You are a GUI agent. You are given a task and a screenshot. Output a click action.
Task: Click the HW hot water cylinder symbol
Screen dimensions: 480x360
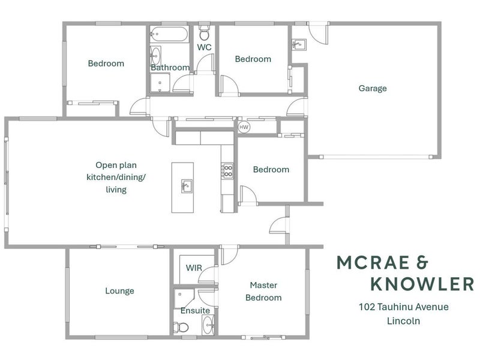244,127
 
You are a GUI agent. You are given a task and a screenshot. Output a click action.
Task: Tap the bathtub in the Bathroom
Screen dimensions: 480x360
169,34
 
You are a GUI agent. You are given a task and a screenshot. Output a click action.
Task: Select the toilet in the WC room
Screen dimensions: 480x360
204,32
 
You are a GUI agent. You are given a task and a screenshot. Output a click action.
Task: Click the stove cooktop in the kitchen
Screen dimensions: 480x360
227,171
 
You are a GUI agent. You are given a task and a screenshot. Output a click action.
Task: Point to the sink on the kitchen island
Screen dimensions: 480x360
187,186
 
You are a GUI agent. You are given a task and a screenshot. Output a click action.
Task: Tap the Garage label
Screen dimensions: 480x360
373,88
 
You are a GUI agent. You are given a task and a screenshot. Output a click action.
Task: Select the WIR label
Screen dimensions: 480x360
194,268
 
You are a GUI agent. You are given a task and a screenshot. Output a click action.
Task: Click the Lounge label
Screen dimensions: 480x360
119,291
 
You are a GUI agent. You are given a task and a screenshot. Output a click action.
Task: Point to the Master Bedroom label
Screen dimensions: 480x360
263,292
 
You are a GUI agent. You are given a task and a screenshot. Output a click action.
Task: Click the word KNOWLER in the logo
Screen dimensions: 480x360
422,284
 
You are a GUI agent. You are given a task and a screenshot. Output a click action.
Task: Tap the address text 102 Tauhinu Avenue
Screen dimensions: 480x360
403,307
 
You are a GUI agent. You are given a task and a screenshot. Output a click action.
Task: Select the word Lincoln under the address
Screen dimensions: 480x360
403,321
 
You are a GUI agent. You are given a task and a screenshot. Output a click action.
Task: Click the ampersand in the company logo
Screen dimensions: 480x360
422,263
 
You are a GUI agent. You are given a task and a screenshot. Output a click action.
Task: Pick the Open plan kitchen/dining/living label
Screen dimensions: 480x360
116,177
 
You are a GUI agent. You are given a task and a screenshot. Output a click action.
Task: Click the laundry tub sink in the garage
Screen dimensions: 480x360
299,44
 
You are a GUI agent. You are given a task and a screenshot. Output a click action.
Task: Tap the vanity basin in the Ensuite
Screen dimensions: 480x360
208,325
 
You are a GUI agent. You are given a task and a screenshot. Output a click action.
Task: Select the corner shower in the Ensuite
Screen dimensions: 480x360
184,298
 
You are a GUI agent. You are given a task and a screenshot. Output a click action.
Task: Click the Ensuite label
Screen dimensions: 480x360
196,311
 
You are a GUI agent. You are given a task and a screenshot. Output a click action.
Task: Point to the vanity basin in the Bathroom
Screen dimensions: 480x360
155,56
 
